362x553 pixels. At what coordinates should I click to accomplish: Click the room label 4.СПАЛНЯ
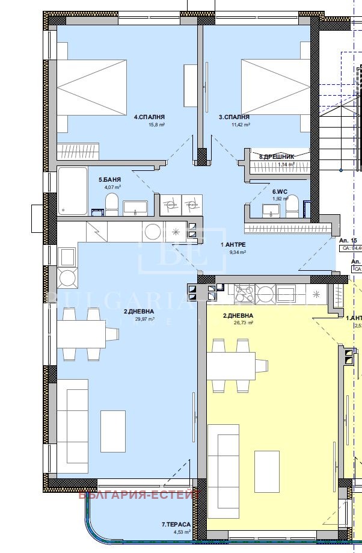coord(149,117)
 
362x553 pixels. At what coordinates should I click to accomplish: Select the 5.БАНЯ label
coord(109,179)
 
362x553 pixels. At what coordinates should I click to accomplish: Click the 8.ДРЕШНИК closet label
coord(277,156)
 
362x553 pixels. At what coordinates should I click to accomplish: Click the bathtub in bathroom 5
coord(72,191)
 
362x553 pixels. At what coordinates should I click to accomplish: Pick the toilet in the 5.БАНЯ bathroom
coord(111,204)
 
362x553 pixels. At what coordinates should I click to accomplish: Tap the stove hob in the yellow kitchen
coord(245,293)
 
